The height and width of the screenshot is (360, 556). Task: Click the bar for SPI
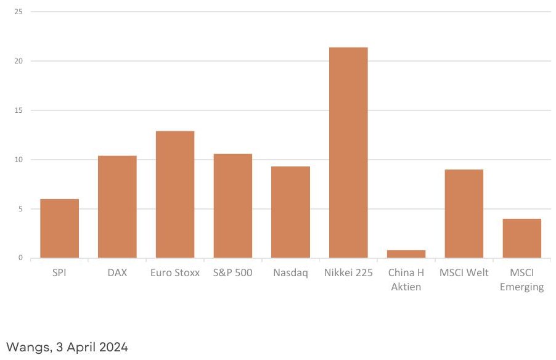coord(60,229)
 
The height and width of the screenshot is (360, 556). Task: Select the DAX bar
coord(117,207)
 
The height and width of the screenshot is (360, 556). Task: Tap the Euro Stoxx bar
coord(175,194)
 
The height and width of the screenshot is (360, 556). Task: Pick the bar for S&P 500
coord(233,206)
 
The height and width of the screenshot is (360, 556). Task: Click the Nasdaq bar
coord(291,212)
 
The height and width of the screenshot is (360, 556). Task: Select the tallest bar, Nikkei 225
coord(348,152)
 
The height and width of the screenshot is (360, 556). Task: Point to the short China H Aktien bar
coord(406,254)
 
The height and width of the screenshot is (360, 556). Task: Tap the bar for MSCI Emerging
coord(522,239)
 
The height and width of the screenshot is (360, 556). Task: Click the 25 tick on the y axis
coord(18,12)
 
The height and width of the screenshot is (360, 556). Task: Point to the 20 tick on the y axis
coord(18,61)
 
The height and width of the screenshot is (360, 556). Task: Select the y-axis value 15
coord(18,110)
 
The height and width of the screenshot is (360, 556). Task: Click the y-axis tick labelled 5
coord(20,209)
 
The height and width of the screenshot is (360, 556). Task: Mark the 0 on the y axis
coord(20,258)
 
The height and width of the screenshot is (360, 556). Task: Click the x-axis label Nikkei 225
coord(348,272)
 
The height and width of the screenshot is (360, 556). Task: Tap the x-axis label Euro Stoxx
coord(175,272)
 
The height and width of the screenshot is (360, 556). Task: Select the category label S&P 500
coord(233,272)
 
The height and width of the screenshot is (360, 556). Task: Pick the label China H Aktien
coord(406,279)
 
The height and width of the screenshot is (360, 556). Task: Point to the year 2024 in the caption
coord(113,346)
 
